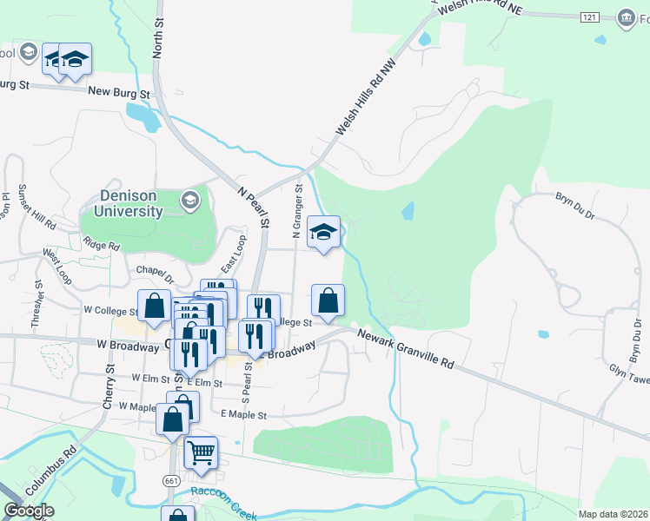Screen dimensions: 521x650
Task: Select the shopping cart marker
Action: pos(201,452)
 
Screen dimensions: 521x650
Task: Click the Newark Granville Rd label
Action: pos(406,349)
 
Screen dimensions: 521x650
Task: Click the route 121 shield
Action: pos(591,16)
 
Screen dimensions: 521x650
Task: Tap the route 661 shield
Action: pos(171,479)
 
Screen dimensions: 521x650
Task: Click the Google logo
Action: pos(29,511)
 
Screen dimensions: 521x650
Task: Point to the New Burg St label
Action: pos(118,92)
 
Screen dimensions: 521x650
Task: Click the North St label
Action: pos(158,40)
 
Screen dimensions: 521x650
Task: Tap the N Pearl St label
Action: pos(255,207)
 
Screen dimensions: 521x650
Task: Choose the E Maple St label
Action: pos(242,416)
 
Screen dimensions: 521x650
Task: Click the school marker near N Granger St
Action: pos(324,232)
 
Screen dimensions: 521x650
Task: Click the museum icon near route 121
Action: pos(625,16)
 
